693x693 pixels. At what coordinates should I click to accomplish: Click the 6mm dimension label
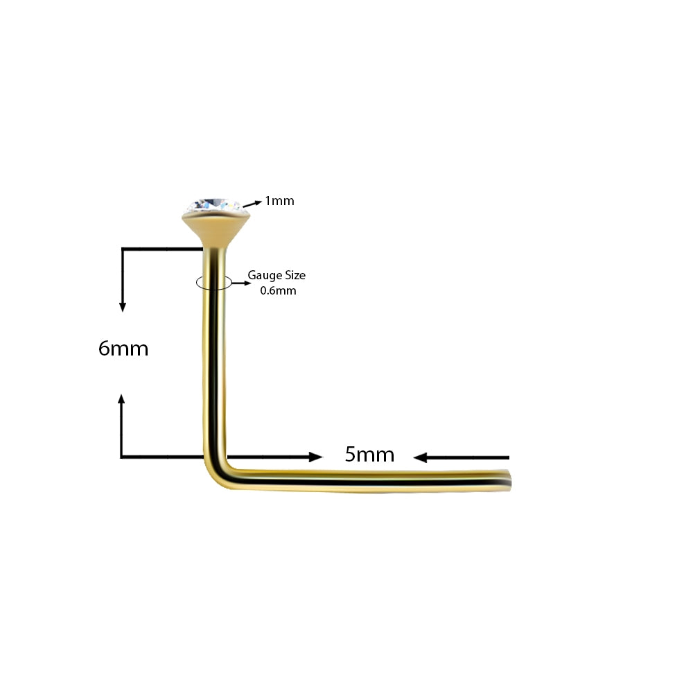(x=123, y=349)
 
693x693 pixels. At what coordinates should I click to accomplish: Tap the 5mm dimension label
(x=369, y=455)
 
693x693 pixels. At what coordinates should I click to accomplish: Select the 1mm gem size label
(x=279, y=201)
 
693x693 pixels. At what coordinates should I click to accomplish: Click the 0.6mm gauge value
(x=278, y=290)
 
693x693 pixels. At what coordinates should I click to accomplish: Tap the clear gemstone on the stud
(x=216, y=205)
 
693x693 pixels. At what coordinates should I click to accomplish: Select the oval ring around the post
(x=214, y=283)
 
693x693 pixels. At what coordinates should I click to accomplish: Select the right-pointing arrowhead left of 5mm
(x=316, y=457)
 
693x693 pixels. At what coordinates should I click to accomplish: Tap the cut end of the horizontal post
(x=510, y=481)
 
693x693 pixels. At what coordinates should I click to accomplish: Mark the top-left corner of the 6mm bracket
(x=123, y=249)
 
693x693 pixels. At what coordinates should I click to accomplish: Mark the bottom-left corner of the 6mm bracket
(x=122, y=457)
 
